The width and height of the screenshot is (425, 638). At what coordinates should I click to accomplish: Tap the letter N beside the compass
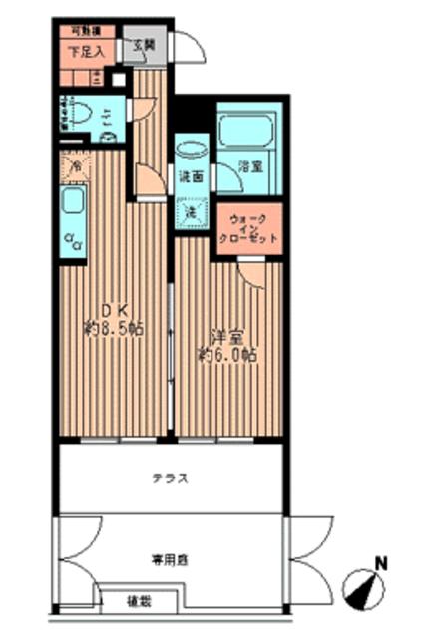tap(379, 564)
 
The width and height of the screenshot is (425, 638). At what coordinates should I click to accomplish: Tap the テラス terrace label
tap(171, 478)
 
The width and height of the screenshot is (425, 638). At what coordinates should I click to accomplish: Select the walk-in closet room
tap(248, 225)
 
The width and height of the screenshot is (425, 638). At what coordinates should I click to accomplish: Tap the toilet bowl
tap(83, 115)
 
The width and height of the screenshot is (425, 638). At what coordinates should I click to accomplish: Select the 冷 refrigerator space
tap(73, 165)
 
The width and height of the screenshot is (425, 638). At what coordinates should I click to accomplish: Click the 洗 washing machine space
tap(190, 211)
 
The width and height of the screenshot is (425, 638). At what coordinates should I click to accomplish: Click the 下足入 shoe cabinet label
tap(86, 49)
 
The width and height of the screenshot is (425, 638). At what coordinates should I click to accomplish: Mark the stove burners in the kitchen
tap(72, 240)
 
